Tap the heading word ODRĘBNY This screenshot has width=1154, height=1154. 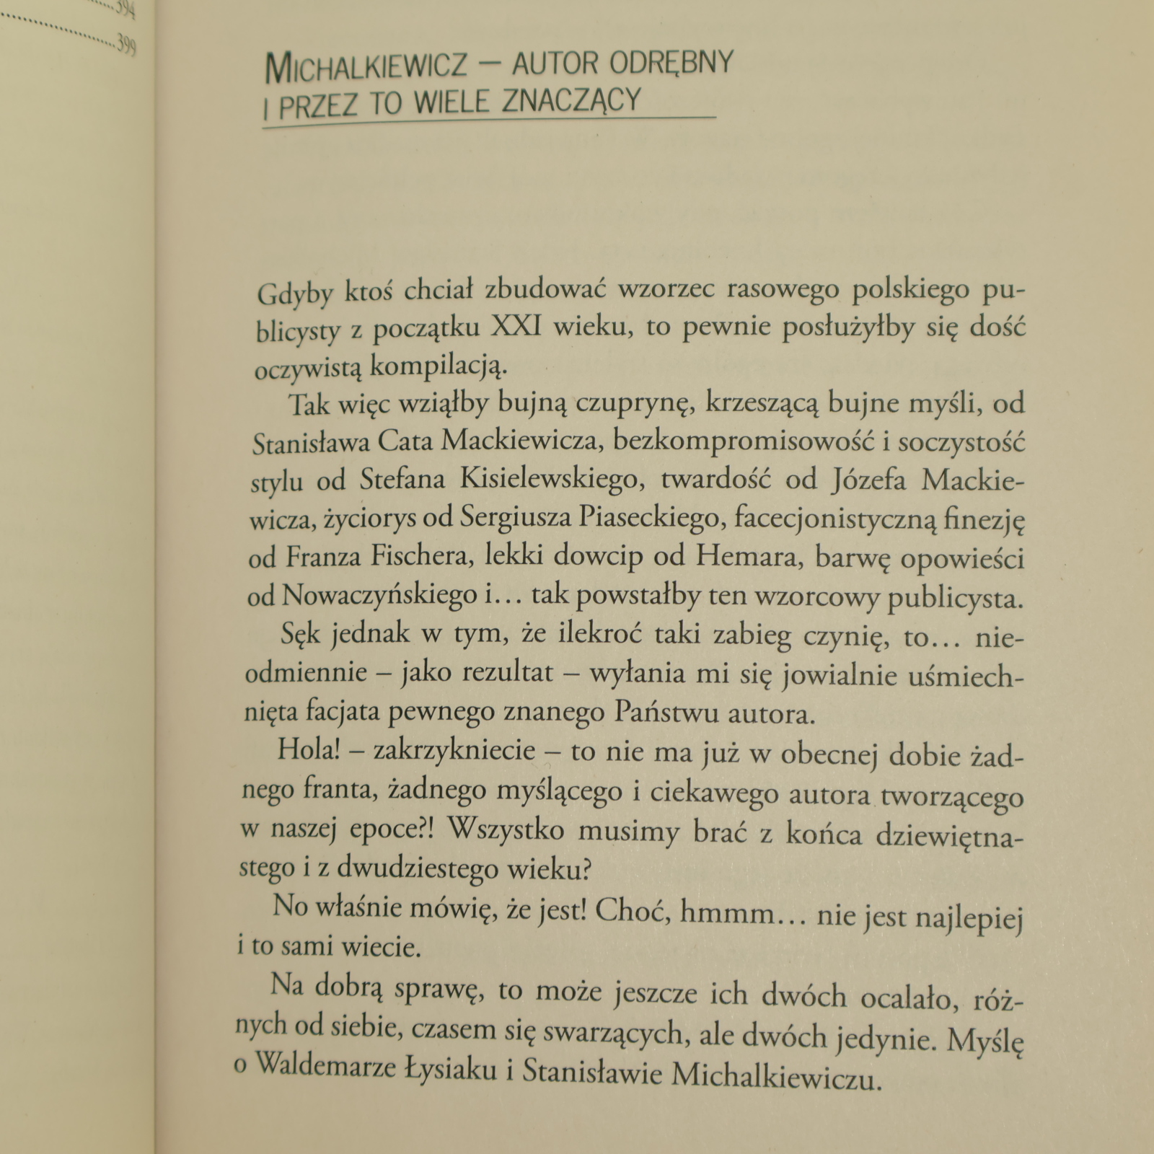671,63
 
